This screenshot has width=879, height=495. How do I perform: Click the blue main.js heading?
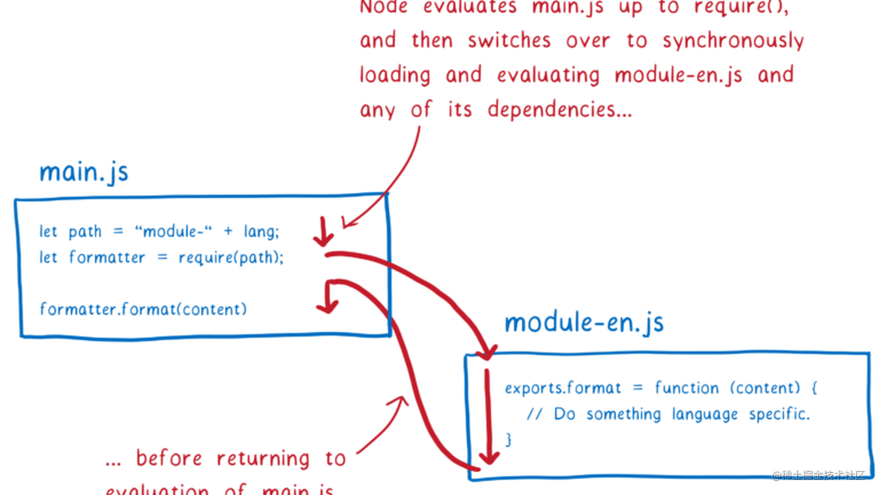84,172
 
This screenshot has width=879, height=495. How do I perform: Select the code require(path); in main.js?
231,257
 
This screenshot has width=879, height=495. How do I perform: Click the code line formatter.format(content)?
143,309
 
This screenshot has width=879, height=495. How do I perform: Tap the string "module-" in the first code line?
173,232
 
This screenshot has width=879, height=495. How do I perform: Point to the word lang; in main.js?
261,232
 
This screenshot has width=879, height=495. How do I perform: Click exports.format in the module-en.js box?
562,388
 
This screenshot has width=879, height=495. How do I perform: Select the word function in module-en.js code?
687,388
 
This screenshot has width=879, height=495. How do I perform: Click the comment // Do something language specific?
668,414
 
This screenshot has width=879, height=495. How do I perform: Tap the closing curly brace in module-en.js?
509,439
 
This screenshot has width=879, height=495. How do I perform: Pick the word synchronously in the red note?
733,41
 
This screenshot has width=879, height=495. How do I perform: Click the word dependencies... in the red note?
559,109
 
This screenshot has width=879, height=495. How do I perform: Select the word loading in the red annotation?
395,75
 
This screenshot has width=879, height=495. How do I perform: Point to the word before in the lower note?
169,458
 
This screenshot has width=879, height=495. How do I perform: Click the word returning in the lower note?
263,458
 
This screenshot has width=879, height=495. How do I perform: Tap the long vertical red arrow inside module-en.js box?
489,416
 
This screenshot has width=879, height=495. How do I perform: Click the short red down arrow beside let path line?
323,232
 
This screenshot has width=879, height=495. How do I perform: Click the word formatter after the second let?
107,257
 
